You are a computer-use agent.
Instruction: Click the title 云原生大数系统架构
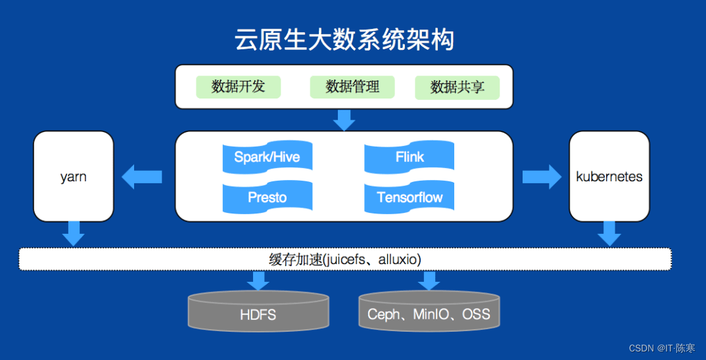point(344,39)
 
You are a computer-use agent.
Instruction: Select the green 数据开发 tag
point(238,87)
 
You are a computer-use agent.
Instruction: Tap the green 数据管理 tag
point(352,87)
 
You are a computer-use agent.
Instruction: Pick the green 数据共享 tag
point(457,87)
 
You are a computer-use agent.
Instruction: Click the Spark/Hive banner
point(267,157)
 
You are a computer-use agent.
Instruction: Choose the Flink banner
point(410,157)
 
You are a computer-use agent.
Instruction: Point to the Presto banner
point(267,197)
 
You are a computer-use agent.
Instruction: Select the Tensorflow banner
point(410,197)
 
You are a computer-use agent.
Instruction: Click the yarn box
point(74,176)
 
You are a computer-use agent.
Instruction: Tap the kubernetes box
point(609,176)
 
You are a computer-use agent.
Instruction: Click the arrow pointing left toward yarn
point(141,176)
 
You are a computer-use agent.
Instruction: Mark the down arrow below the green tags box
point(344,120)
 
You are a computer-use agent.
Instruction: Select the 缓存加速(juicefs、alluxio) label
point(345,259)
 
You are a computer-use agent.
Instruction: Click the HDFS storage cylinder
point(258,313)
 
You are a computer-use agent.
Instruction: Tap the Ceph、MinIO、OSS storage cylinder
point(429,311)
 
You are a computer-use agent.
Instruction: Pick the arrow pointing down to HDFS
point(258,281)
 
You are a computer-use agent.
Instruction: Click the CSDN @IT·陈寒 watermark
point(661,348)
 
